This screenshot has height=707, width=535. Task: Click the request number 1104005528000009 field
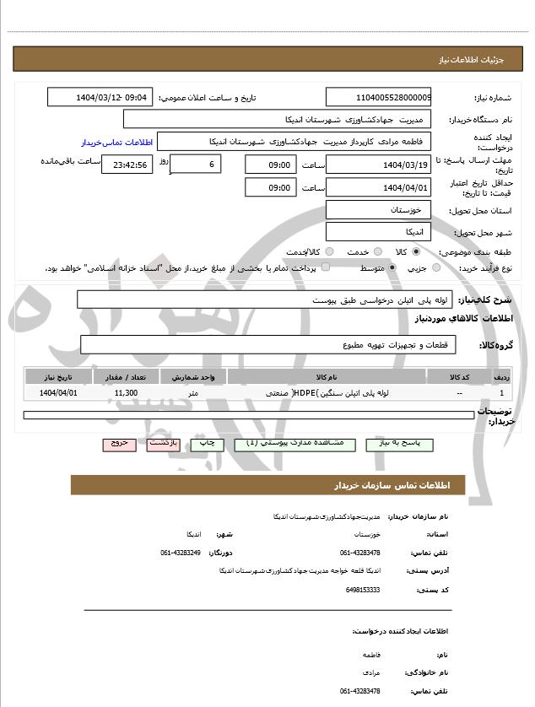[x=378, y=97]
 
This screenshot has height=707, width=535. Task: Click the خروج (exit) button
[x=118, y=443]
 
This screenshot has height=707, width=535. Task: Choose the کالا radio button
[x=416, y=251]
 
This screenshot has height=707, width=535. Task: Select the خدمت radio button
[x=376, y=251]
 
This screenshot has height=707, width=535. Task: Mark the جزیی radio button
[x=435, y=267]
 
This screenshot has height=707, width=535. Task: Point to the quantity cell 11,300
[x=126, y=393]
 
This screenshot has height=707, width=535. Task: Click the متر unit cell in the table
[x=193, y=393]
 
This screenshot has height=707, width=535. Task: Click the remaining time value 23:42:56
[x=127, y=165]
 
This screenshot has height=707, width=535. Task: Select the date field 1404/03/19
[x=378, y=165]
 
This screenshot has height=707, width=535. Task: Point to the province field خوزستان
[x=378, y=209]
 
